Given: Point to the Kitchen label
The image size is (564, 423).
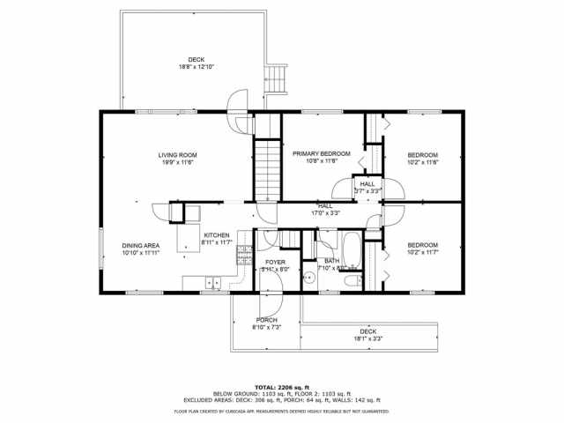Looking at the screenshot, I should pyautogui.click(x=216, y=235).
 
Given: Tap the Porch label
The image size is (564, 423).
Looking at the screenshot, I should pyautogui.click(x=267, y=320).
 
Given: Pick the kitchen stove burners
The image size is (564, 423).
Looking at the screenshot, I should pyautogui.click(x=246, y=256).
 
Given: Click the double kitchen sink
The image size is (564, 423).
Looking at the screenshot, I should pyautogui.click(x=212, y=282).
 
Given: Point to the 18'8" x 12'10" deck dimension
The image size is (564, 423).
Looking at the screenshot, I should pyautogui.click(x=196, y=67).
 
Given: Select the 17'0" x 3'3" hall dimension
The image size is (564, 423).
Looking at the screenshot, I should pyautogui.click(x=324, y=212).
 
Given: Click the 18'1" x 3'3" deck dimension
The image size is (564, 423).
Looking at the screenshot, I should pyautogui.click(x=367, y=338).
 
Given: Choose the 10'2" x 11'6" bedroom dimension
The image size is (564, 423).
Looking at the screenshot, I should pyautogui.click(x=422, y=162).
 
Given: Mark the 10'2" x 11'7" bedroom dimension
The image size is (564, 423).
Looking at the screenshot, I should pyautogui.click(x=422, y=252).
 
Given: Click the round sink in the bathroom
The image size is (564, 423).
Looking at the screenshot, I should pyautogui.click(x=309, y=277).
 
